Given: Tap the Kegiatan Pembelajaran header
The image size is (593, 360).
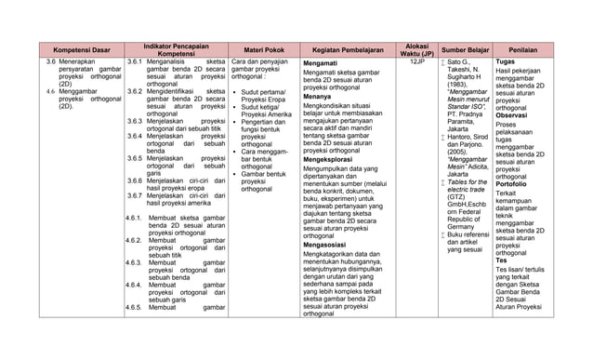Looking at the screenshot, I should pos(344,49).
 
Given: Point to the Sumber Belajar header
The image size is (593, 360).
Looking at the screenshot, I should pos(465,49).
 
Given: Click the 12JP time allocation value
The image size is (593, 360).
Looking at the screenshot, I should pos(416,61).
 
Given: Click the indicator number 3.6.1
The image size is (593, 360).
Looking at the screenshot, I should pos(134,61).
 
